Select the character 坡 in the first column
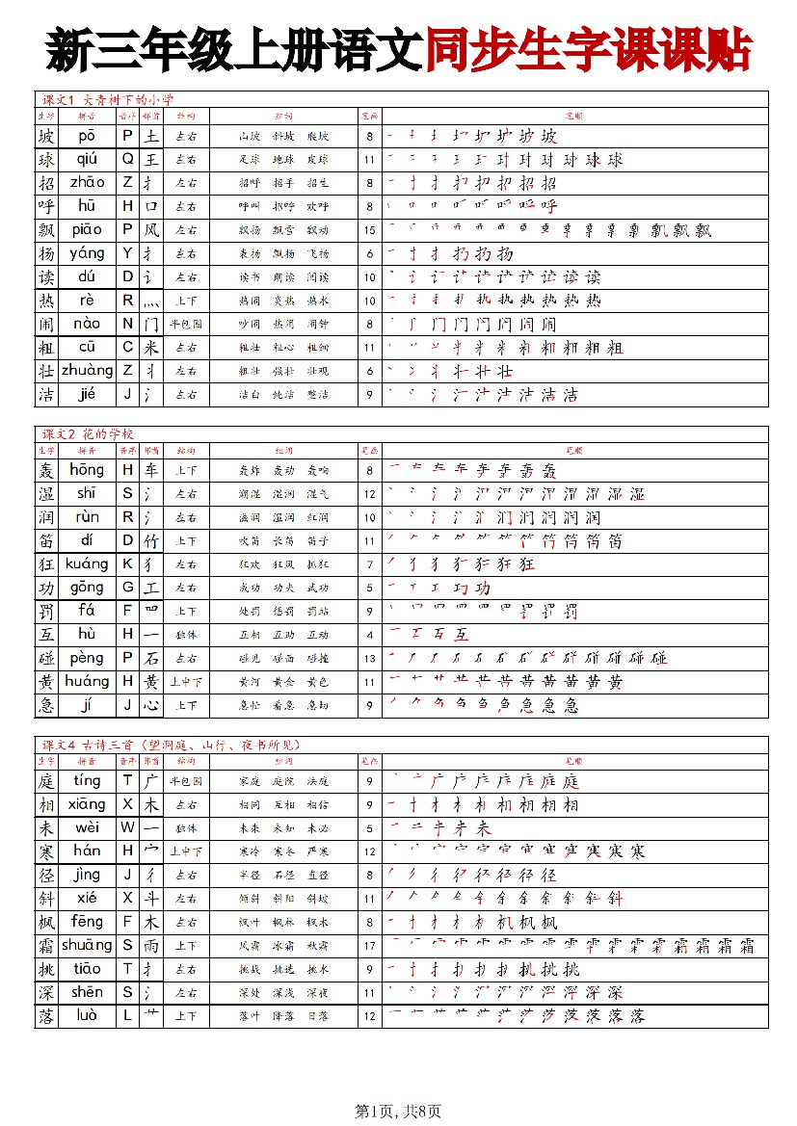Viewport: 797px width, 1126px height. pyautogui.click(x=46, y=136)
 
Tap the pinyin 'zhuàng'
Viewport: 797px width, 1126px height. pyautogui.click(x=87, y=371)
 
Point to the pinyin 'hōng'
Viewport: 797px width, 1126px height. pyautogui.click(x=87, y=470)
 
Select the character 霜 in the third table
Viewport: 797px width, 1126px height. pyautogui.click(x=46, y=946)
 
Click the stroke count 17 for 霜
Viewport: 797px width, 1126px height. pyautogui.click(x=369, y=946)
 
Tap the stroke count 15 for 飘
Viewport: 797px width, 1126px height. pyautogui.click(x=369, y=230)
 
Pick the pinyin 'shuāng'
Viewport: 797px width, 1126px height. pyautogui.click(x=87, y=946)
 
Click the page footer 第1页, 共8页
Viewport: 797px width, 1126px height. pyautogui.click(x=398, y=1112)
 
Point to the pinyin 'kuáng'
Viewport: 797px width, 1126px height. pyautogui.click(x=87, y=564)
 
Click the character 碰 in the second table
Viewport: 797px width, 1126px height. pyautogui.click(x=46, y=659)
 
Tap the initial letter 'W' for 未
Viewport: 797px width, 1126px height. pyautogui.click(x=127, y=828)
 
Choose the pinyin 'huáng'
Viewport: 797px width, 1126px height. pyautogui.click(x=87, y=682)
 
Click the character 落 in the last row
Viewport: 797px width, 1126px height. pyautogui.click(x=46, y=1016)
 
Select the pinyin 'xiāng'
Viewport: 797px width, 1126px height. pyautogui.click(x=87, y=804)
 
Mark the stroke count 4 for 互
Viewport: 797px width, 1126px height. pyautogui.click(x=369, y=635)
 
